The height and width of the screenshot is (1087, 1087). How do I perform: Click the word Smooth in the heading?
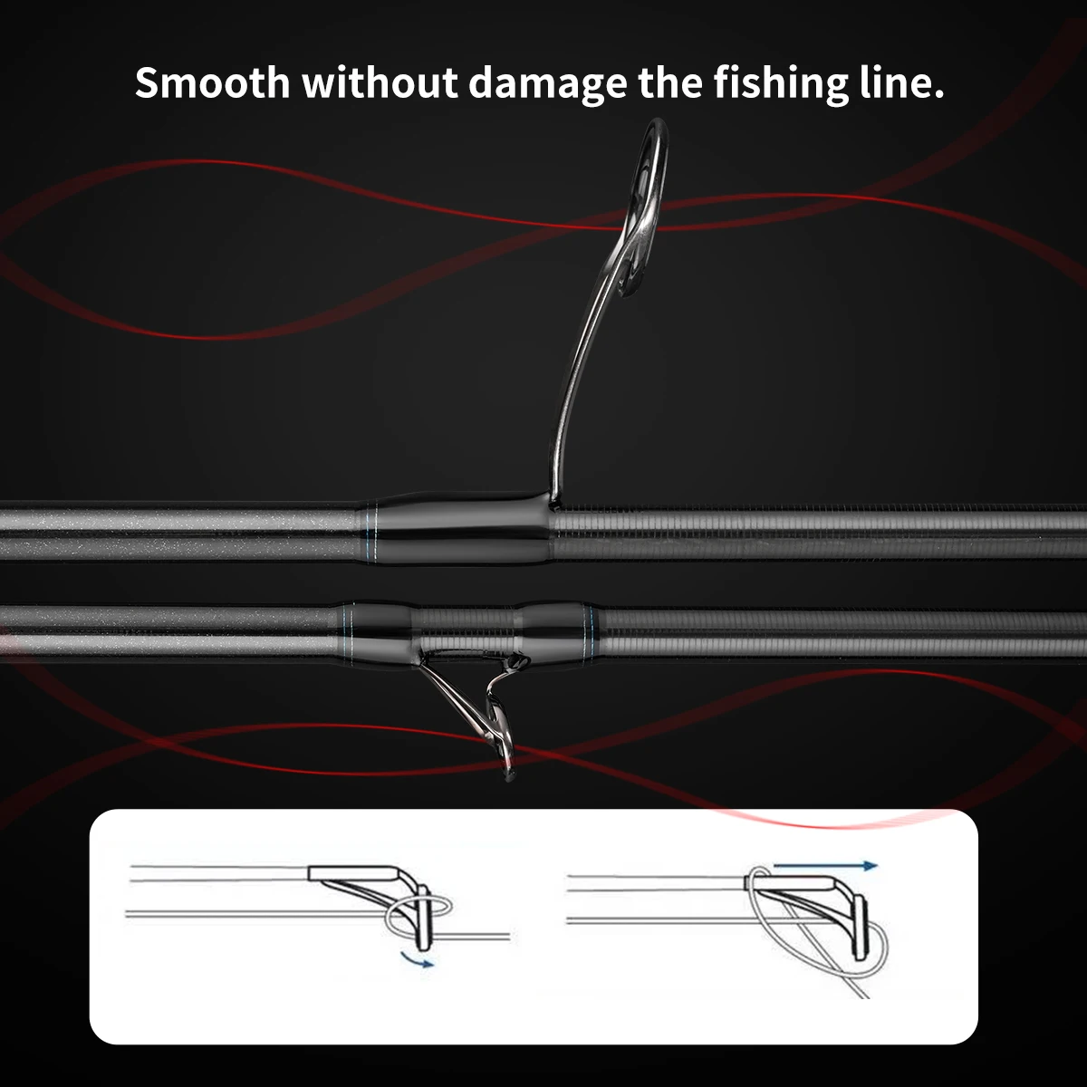coord(212,82)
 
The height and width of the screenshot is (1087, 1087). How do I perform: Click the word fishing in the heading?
coord(781,84)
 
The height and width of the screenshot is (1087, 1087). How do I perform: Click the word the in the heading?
coord(670,82)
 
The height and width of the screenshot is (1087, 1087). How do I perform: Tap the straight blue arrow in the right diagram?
coord(825,866)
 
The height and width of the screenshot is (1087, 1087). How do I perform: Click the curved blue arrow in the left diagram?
coord(417,959)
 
